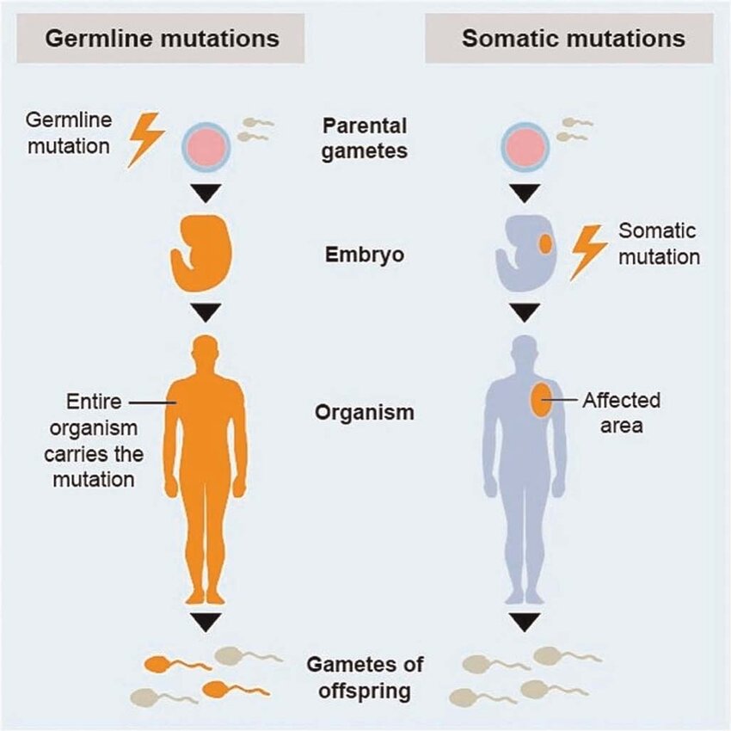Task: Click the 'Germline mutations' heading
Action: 162,39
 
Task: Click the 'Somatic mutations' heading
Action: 573,39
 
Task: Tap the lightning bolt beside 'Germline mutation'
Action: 145,140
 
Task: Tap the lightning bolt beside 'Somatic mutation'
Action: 588,251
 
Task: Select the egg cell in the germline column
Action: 205,144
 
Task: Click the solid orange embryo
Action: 203,253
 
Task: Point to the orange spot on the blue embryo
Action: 544,243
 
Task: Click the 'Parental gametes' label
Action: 365,138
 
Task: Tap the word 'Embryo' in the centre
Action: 365,255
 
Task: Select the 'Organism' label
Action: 365,412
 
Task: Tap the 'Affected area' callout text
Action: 621,412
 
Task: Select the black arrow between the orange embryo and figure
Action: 206,311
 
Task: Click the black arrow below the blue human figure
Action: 524,621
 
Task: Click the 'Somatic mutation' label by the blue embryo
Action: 657,244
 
